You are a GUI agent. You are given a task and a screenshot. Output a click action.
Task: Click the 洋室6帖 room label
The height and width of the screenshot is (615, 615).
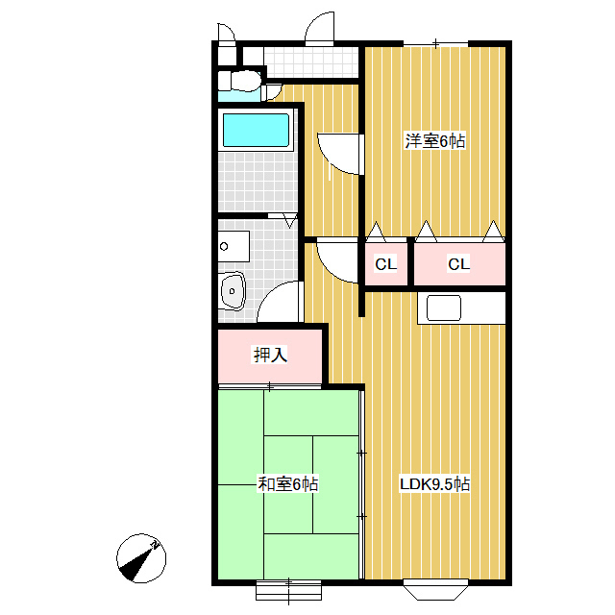(435, 141)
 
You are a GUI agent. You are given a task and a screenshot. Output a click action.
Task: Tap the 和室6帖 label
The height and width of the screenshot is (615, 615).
(287, 484)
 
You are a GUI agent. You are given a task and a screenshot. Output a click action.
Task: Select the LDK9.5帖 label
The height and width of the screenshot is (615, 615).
(434, 484)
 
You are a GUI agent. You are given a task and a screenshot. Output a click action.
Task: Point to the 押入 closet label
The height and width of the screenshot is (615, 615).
(270, 355)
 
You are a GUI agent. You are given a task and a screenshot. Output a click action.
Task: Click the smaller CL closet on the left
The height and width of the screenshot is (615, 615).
(386, 264)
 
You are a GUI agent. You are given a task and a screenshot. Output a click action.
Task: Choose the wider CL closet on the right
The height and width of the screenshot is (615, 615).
(459, 264)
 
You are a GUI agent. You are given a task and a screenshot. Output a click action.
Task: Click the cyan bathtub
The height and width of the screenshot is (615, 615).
(256, 131)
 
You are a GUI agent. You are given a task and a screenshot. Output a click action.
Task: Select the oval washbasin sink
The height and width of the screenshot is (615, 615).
(233, 291)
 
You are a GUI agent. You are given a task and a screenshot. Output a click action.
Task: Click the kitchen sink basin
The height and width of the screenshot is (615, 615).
(444, 307)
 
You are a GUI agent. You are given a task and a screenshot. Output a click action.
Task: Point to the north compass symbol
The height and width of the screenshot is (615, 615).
(141, 557)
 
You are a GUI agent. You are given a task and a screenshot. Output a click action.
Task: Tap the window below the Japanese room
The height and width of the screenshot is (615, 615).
(288, 591)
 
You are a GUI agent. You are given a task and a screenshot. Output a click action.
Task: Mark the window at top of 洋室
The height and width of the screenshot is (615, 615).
(435, 43)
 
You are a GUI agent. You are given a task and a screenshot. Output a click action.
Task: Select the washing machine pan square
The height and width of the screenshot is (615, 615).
(234, 246)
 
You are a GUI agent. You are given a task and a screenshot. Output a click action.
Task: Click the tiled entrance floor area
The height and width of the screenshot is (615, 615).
(311, 62)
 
